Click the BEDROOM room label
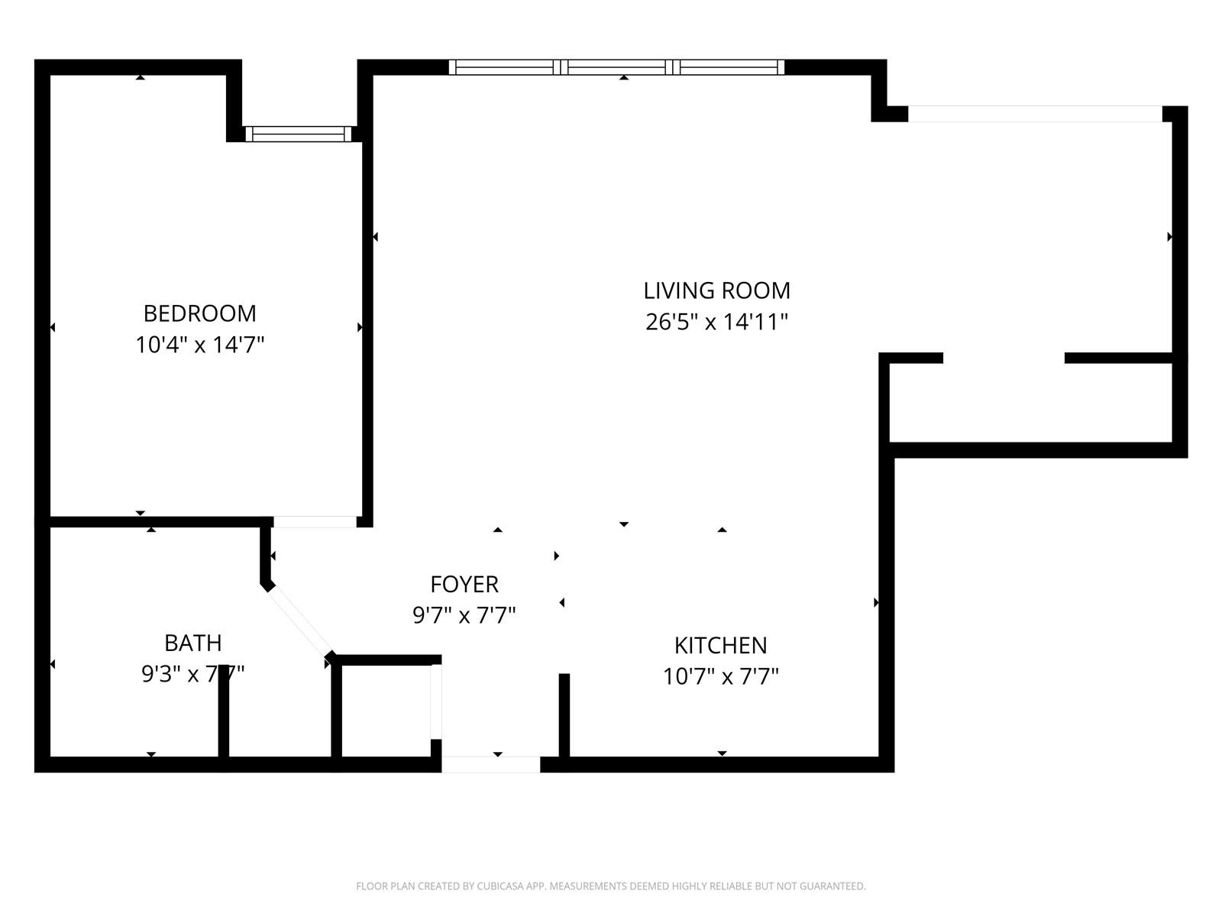pos(200,313)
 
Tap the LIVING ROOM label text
pos(716,290)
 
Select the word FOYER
pos(464,585)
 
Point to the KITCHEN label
pos(720,646)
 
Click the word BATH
pos(192,643)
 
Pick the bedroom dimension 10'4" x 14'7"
pos(200,345)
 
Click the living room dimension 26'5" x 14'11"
pos(716,322)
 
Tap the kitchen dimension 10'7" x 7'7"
pos(720,677)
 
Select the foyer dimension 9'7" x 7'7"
pos(464,616)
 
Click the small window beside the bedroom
pos(299,134)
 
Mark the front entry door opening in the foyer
pos(491,764)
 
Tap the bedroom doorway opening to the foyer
pos(315,522)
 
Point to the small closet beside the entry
pos(386,711)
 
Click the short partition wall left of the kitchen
pos(564,715)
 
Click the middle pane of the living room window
pos(616,67)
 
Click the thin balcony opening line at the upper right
pos(1035,114)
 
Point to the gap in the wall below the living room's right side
pos(1004,358)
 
